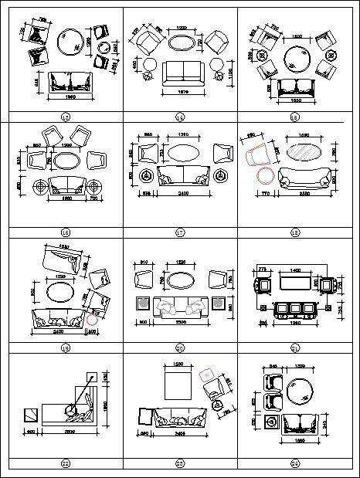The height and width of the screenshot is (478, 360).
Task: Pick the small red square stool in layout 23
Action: click(207, 376)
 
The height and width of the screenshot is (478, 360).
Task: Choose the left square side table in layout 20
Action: click(142, 303)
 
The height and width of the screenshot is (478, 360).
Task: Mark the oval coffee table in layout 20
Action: click(182, 280)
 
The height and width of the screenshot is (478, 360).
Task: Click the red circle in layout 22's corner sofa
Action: click(70, 409)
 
